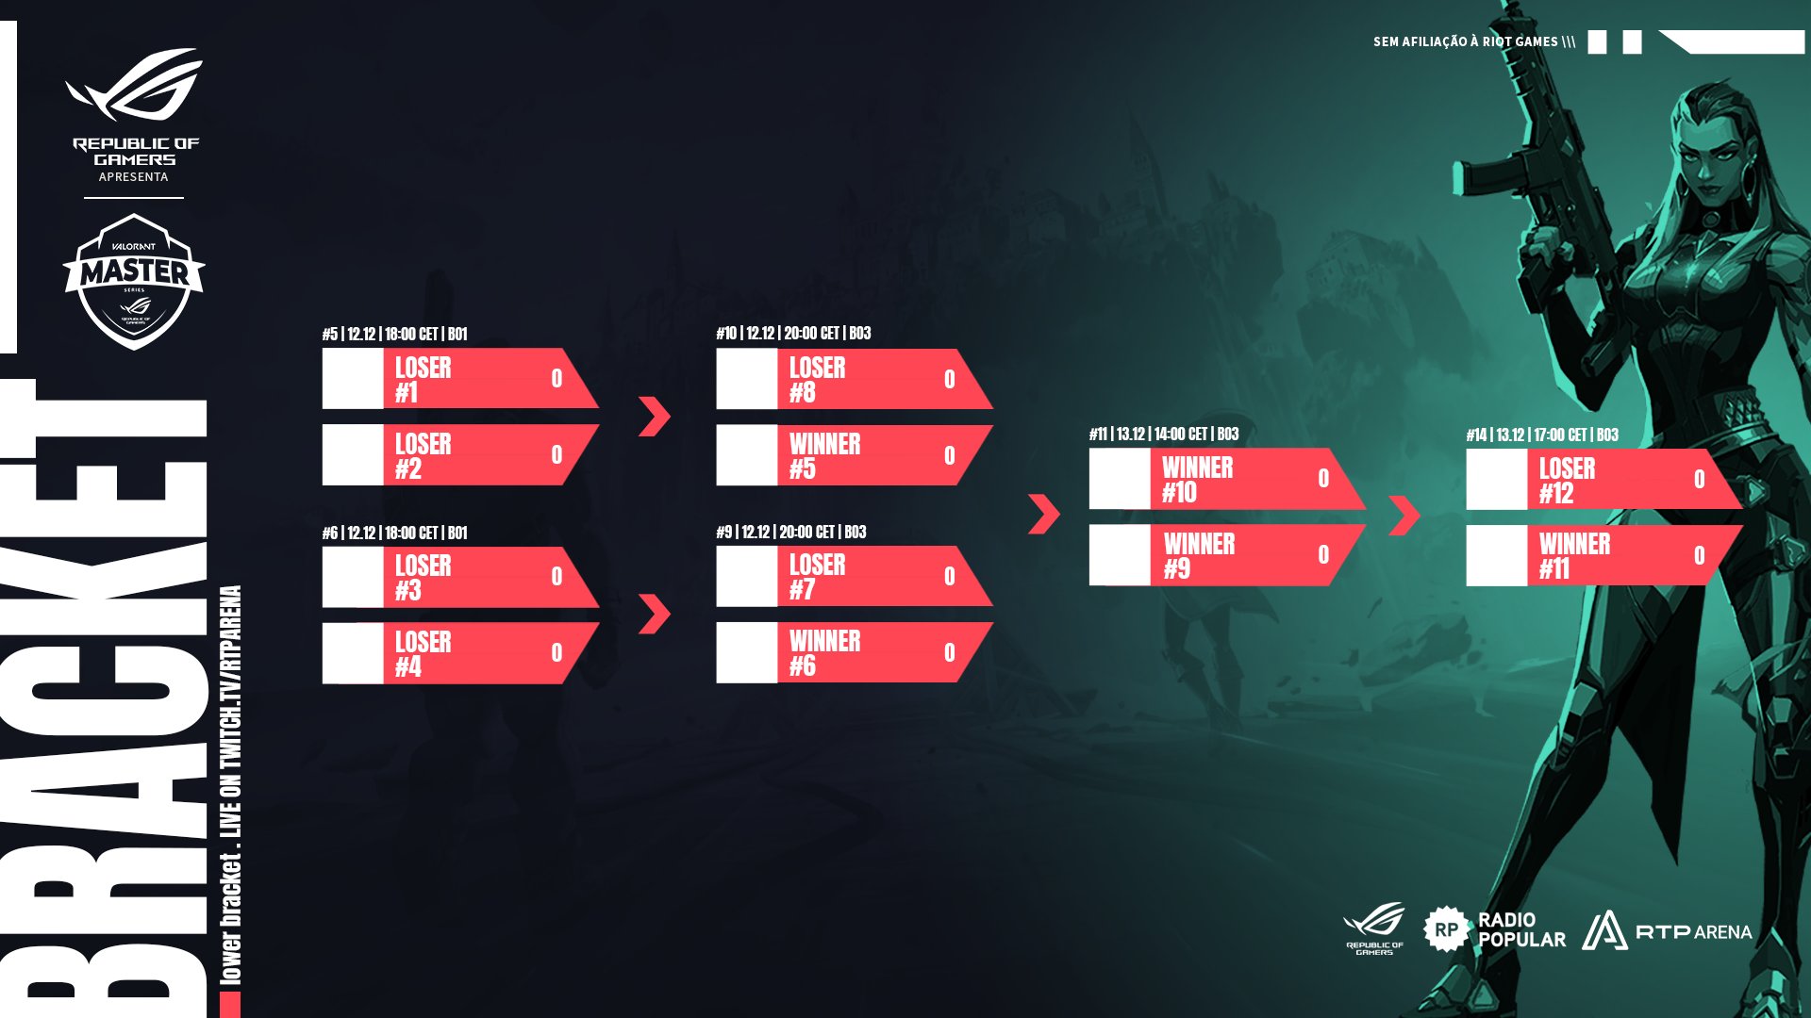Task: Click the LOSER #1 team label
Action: tap(423, 380)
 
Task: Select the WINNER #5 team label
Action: tap(824, 456)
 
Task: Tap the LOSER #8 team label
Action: tap(817, 380)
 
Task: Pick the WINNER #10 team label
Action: tap(1197, 480)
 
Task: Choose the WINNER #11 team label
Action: tap(1574, 556)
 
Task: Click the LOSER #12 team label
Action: tap(1567, 481)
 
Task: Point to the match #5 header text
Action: tap(394, 334)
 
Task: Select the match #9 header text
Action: tap(790, 532)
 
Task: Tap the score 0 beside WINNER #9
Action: tap(1322, 555)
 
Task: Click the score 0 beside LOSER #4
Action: tap(557, 652)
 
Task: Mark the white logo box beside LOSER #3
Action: tap(353, 577)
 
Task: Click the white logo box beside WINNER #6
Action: tap(746, 652)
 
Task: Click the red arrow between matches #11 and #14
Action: tap(1404, 515)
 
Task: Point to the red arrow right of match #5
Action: tap(654, 416)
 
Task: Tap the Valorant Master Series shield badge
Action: tap(134, 281)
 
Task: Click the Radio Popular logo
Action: tap(1494, 929)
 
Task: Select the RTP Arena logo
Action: tap(1667, 931)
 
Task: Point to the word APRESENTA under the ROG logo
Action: tap(133, 177)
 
